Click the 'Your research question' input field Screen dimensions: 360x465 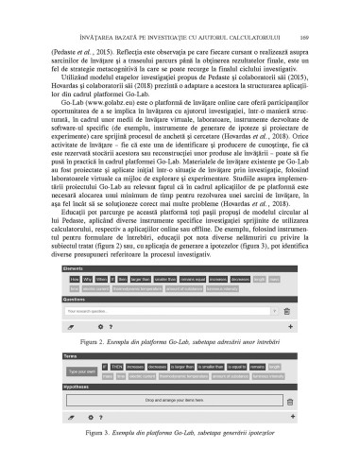170,281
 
